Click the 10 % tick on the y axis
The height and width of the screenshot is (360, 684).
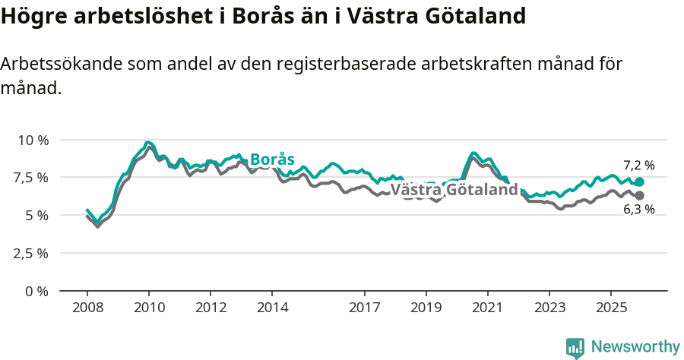(33, 140)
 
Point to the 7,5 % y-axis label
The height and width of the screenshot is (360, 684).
(32, 178)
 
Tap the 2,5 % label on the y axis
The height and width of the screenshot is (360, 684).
(32, 253)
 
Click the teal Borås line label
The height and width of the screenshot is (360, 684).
(272, 159)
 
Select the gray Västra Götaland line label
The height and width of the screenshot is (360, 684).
(454, 190)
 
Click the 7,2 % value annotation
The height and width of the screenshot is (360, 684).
(638, 165)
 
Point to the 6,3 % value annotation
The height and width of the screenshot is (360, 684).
(638, 210)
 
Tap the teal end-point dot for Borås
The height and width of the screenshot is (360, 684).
(639, 182)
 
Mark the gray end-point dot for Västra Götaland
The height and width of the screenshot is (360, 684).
(639, 196)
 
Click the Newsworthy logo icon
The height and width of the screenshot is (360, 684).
(575, 348)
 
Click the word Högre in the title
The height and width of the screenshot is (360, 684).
(30, 15)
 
